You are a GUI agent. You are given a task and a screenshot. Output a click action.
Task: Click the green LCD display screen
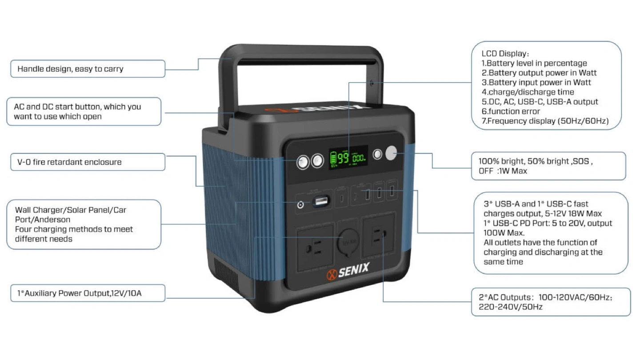point(348,158)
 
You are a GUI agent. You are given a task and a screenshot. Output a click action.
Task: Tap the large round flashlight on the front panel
point(391,154)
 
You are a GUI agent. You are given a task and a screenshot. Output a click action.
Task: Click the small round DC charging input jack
point(301,204)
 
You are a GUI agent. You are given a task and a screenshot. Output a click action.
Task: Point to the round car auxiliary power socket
point(348,241)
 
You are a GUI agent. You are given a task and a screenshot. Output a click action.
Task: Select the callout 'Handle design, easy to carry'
point(70,69)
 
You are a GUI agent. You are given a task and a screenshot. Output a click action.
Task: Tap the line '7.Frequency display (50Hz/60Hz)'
point(545,121)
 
